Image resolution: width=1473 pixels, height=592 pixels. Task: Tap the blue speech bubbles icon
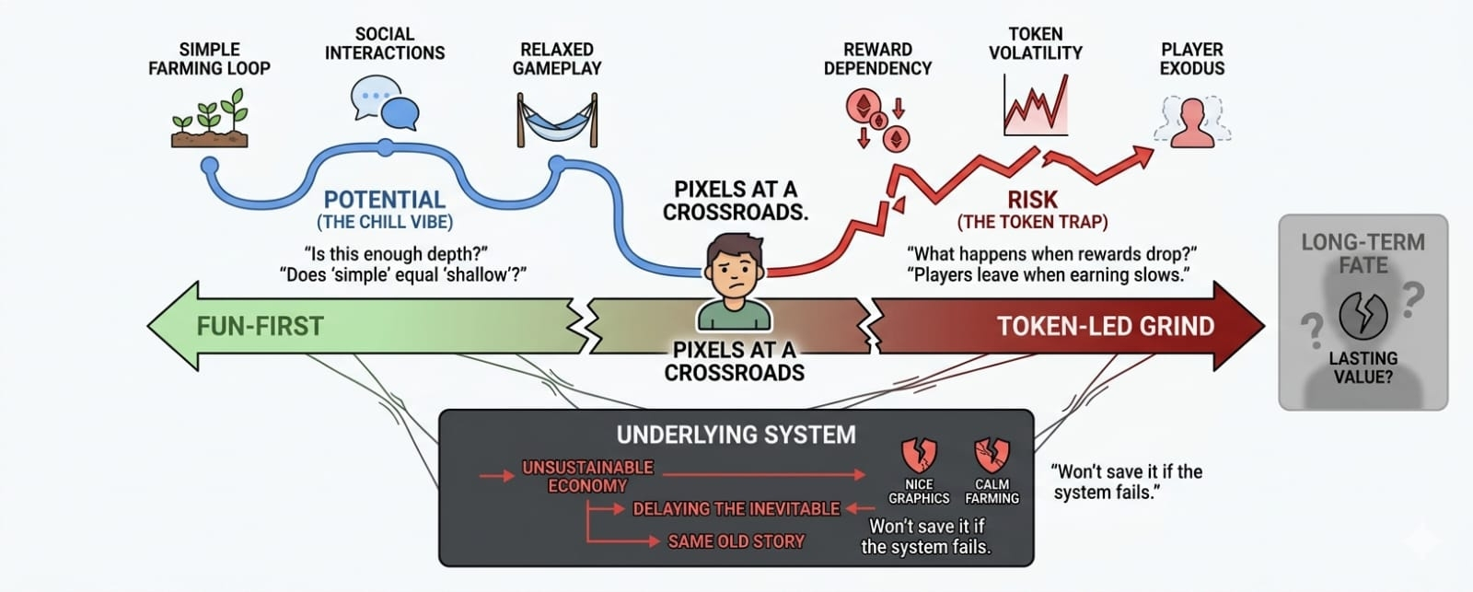coord(385,102)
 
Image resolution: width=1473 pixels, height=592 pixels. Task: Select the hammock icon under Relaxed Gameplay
coord(557,120)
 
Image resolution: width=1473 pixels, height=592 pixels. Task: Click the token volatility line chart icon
coord(1036,103)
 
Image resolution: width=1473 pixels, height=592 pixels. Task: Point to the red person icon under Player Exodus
coord(1192,122)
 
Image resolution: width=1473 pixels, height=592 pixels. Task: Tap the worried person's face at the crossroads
coord(734,270)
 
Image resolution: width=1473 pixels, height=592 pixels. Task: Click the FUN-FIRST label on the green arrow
coord(260,326)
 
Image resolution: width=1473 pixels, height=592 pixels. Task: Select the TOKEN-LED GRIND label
coord(1106,326)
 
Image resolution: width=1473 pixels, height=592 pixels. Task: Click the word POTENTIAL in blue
coord(385,200)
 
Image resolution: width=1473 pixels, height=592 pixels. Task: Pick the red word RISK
coord(1032,200)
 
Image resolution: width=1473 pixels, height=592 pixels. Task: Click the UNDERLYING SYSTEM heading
coord(736,435)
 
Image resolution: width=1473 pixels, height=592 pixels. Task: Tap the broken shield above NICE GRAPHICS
coord(918,455)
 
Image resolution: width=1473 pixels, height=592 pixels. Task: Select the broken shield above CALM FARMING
coord(992,455)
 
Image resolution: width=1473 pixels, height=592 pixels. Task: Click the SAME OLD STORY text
coord(736,541)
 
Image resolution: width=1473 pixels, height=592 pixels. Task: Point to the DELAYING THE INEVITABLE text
coord(736,508)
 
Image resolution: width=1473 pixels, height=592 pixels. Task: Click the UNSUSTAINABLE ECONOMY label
coord(587,476)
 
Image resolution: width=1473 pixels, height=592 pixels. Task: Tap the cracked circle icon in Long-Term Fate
coord(1363,316)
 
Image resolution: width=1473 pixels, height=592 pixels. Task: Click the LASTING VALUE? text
coord(1363,366)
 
